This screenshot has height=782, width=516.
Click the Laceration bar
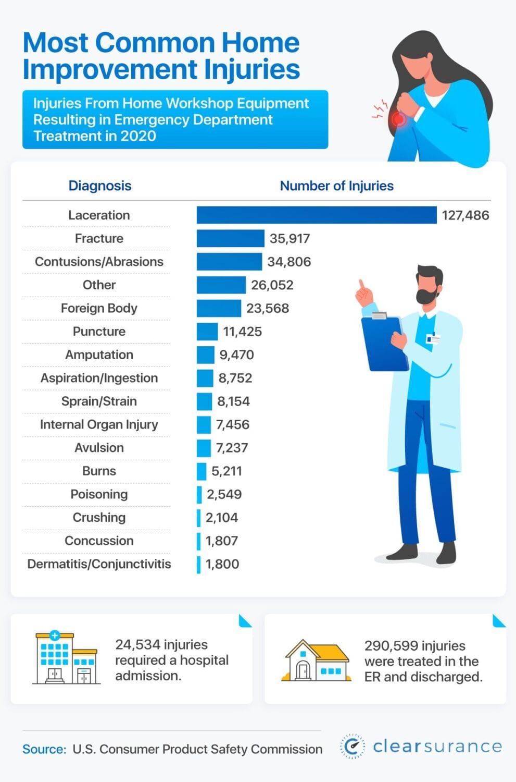tap(316, 215)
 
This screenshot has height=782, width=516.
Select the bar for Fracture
tap(230, 238)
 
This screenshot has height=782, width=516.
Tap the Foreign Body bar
tap(219, 308)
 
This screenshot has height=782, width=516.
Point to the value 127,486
tap(465, 215)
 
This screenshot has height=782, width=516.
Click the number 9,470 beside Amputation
tap(236, 355)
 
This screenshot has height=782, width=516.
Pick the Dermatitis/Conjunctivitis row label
tap(99, 564)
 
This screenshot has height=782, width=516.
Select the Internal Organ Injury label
tap(99, 425)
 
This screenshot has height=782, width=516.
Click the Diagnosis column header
tap(99, 186)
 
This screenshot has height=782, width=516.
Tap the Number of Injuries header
tap(336, 186)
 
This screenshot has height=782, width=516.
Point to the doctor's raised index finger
tap(360, 286)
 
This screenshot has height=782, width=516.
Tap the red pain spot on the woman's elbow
tap(398, 119)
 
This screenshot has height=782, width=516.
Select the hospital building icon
tap(65, 658)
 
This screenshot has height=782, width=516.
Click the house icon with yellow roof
tap(316, 661)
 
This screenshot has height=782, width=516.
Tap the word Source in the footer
tap(44, 749)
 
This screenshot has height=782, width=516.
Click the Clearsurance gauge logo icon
tap(353, 746)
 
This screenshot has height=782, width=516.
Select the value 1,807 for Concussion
tap(222, 541)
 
